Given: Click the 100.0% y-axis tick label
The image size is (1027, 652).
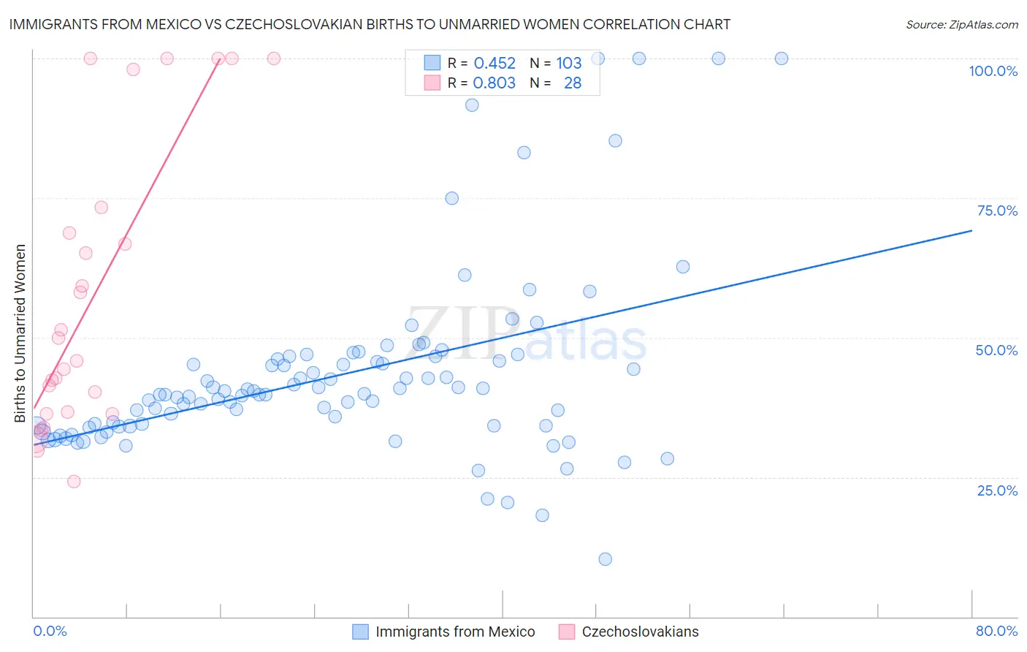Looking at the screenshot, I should click(993, 71).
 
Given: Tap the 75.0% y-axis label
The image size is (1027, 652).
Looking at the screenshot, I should click(997, 211).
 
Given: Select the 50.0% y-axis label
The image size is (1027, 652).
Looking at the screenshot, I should click(996, 350).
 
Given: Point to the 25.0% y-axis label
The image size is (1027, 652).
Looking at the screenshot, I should click(997, 490).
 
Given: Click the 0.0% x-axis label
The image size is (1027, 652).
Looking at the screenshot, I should click(50, 631).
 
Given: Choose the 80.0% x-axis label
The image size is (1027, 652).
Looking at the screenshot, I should click(996, 631).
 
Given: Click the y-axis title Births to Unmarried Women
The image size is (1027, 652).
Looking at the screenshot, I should click(20, 333).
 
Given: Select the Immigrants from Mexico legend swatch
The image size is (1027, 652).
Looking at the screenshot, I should click(360, 632).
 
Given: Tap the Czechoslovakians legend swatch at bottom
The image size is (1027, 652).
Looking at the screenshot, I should click(566, 632).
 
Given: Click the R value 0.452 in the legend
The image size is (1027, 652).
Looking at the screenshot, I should click(495, 63).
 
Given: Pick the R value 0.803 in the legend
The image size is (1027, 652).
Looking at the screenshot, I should click(495, 83).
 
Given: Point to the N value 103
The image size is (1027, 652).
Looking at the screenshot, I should click(568, 63).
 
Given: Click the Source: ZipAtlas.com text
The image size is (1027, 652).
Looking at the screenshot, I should click(961, 24).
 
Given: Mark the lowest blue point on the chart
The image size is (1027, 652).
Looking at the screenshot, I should click(605, 559).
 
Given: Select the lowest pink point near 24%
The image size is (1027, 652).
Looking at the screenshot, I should click(74, 481).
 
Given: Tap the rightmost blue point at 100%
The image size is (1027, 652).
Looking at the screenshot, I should click(782, 58).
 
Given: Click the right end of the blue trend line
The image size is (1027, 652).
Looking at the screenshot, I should click(971, 230).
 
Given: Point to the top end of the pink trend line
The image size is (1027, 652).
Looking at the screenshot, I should click(220, 59).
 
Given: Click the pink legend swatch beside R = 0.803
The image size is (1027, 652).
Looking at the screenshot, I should click(432, 83).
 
